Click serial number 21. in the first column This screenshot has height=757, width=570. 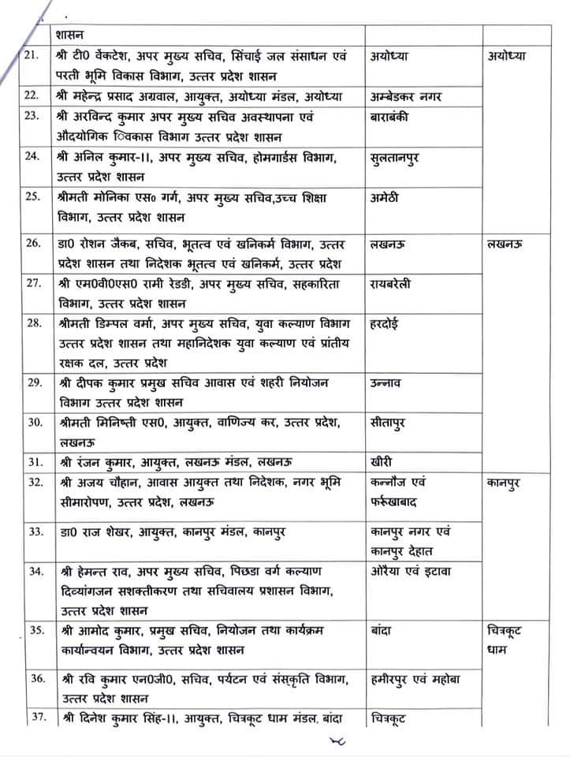point(32,58)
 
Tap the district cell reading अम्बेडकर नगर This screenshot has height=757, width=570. point(404,97)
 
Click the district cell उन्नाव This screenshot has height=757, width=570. point(387,383)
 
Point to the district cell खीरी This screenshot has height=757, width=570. point(383,461)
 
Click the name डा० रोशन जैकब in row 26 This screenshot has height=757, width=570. point(101,242)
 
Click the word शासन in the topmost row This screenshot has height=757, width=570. point(72,34)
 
